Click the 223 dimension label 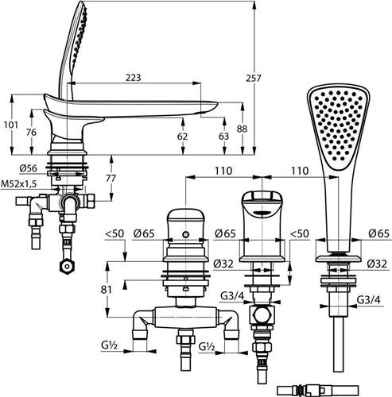click(133, 78)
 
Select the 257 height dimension click(254, 79)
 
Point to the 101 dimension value click(11, 125)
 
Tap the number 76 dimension click(31, 132)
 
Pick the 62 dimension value click(182, 137)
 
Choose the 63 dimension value click(223, 137)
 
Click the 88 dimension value click(242, 129)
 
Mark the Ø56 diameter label click(29, 168)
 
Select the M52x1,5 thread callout click(18, 184)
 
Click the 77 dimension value click(111, 178)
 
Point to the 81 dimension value click(106, 290)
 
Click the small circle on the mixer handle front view click(186, 234)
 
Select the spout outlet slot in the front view click(262, 213)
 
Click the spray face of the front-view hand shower click(339, 125)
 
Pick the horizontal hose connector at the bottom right click(318, 390)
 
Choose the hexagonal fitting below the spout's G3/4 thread click(262, 316)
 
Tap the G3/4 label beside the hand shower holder click(368, 300)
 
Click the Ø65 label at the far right click(378, 233)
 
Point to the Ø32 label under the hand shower click(377, 264)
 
